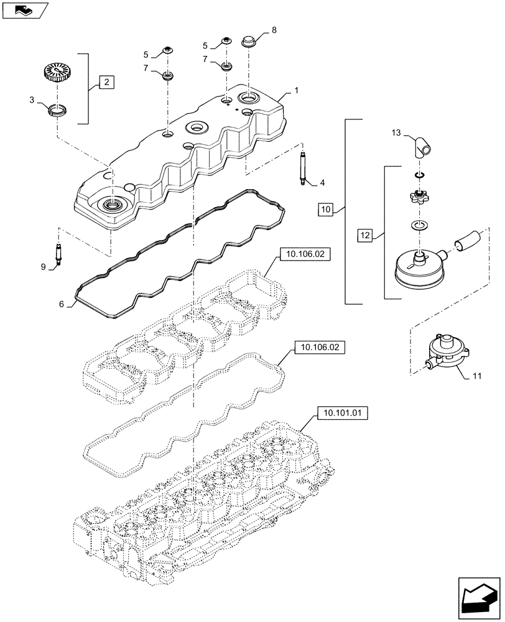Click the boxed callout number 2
[x=106, y=81]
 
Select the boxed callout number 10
[x=328, y=210]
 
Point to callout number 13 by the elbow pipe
[x=396, y=132]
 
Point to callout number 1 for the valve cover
[x=296, y=90]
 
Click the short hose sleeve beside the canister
[x=467, y=240]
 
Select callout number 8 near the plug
[x=274, y=29]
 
